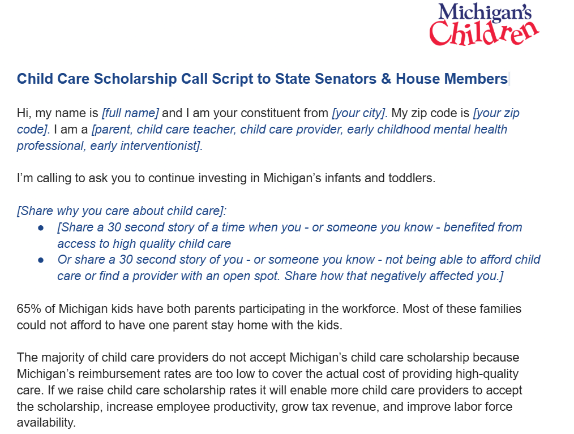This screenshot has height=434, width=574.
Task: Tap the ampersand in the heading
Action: click(x=386, y=79)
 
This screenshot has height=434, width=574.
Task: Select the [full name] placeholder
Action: click(x=130, y=113)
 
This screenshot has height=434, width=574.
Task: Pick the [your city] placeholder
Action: click(x=359, y=113)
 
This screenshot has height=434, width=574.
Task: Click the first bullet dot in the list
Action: click(x=41, y=227)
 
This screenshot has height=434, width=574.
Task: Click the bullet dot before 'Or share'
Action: click(x=41, y=260)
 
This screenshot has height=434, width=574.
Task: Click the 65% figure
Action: click(x=29, y=309)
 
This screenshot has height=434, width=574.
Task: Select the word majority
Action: click(x=60, y=358)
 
